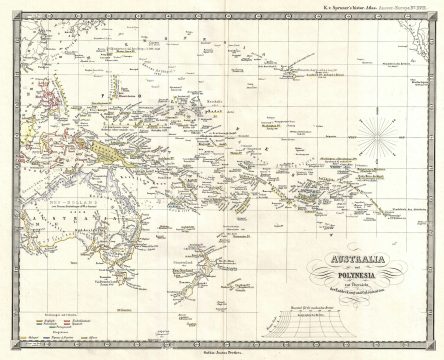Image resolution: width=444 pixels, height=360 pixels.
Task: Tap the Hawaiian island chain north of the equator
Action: (x=290, y=76)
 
